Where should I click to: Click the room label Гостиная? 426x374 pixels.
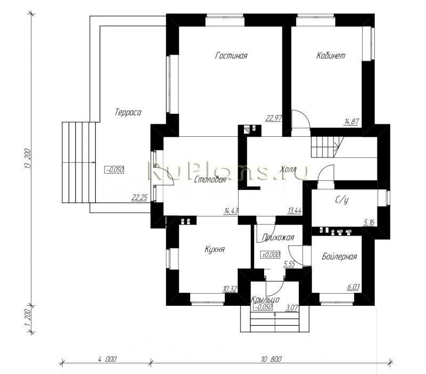(x=231, y=56)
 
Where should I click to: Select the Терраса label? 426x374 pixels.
(x=128, y=113)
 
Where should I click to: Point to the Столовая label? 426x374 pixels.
(x=210, y=180)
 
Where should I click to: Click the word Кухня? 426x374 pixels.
(x=214, y=248)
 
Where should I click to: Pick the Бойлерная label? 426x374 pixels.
(x=339, y=256)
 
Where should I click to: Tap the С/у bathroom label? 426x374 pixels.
(x=342, y=201)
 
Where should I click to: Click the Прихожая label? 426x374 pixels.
(x=276, y=237)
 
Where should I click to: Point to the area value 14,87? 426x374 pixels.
(x=352, y=121)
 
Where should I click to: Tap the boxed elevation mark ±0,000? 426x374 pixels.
(x=271, y=255)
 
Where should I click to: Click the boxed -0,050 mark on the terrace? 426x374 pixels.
(x=114, y=170)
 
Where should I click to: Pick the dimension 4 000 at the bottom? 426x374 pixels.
(x=107, y=359)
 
